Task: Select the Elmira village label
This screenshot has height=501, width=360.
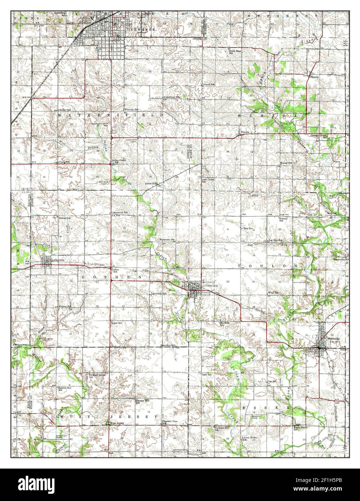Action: [x=246, y=132]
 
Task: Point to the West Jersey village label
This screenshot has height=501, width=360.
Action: [x=118, y=423]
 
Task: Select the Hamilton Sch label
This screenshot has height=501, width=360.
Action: [x=168, y=345]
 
